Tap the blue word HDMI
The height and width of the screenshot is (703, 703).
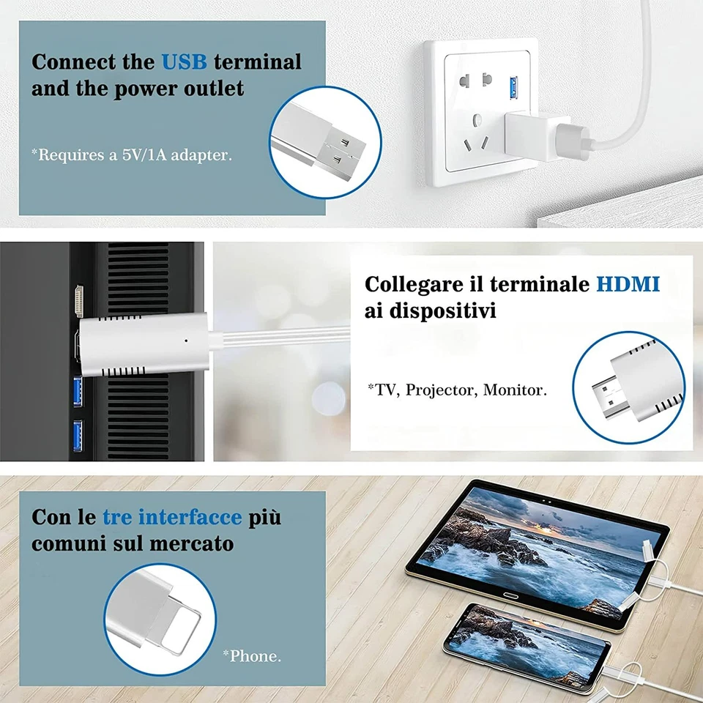pos(628,283)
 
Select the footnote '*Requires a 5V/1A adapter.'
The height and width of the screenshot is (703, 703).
pos(132,155)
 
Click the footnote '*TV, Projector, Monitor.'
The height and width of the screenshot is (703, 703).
pos(457,390)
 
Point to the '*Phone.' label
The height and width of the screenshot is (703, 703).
pos(251,655)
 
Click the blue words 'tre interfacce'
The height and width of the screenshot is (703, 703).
pos(172,517)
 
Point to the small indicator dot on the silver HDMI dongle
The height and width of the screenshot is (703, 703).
pos(187,340)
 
